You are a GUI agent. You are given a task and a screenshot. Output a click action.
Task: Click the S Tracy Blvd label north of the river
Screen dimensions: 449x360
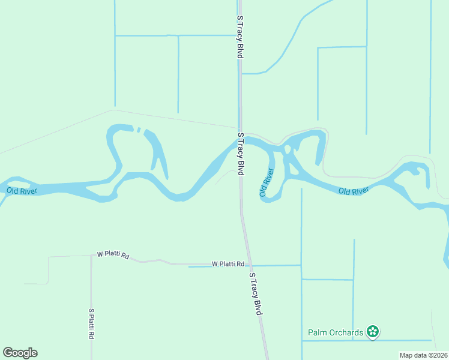pos(240,37)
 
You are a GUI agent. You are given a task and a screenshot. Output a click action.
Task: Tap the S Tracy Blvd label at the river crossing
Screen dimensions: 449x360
pos(241,154)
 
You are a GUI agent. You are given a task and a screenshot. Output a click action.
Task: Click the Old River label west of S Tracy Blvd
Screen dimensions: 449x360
pos(22,191)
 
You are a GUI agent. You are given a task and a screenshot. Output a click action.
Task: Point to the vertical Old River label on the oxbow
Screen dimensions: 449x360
pos(267,183)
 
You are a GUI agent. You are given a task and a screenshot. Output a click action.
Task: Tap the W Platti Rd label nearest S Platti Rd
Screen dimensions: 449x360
pos(113,255)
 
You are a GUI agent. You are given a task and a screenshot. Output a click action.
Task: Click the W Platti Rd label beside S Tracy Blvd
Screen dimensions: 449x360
pos(228,264)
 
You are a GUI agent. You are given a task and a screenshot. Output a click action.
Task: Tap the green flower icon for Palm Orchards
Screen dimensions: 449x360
pos(373,331)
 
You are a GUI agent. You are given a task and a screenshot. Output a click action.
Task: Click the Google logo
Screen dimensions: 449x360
pos(20,353)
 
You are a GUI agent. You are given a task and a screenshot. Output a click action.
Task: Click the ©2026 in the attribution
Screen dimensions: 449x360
pos(438,355)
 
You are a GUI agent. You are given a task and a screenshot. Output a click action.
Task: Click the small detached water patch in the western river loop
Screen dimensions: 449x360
pos(139,130)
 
